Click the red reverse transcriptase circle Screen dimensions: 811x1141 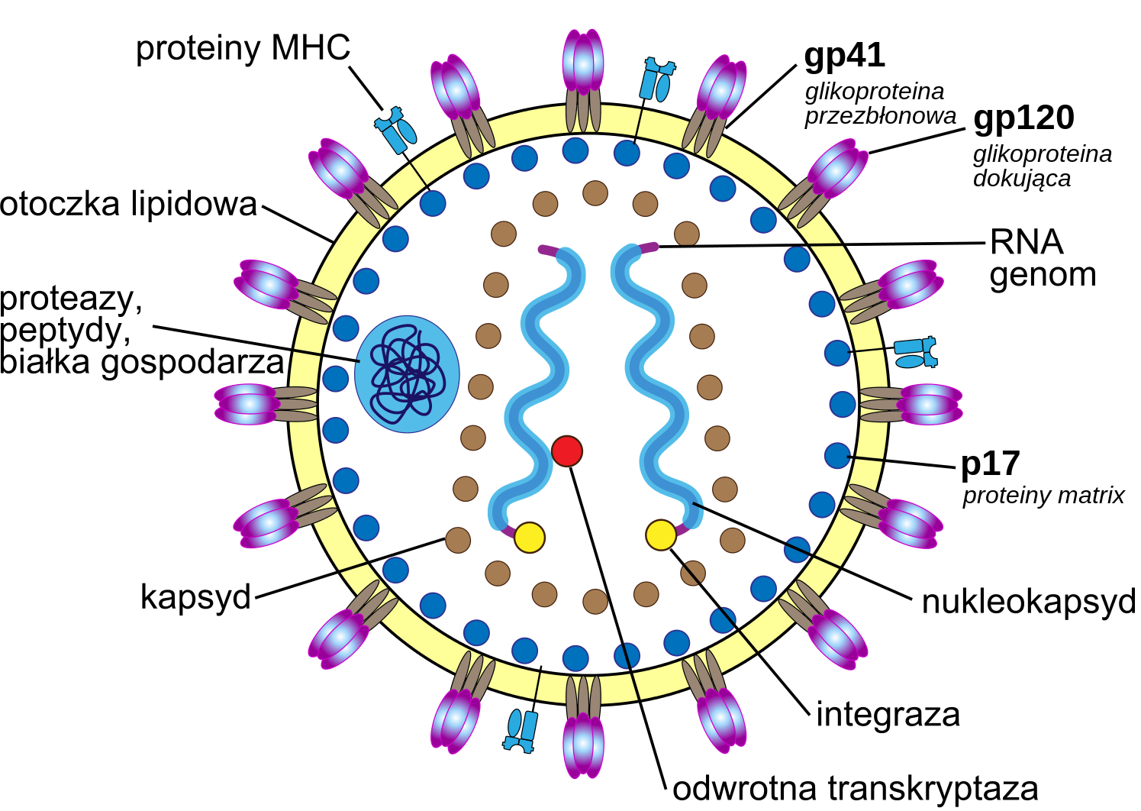click(567, 451)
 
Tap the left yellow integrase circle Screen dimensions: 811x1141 click(530, 537)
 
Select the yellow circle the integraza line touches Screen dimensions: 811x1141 click(661, 535)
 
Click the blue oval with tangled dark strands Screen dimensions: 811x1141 click(407, 374)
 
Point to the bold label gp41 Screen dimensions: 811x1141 click(844, 56)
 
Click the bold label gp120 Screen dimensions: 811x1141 click(1023, 118)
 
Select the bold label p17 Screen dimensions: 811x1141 click(990, 464)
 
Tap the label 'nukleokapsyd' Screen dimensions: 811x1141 click(1028, 602)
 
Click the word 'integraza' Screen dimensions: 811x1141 click(888, 715)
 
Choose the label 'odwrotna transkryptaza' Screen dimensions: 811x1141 click(855, 789)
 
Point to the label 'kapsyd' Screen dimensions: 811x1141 click(196, 596)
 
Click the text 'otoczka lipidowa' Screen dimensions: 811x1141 click(129, 205)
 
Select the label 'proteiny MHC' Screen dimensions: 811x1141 click(243, 48)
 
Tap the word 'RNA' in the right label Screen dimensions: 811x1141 click(1027, 243)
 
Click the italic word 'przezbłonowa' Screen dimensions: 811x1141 click(880, 116)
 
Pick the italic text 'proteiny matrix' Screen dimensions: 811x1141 click(1043, 496)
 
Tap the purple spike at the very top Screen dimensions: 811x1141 click(583, 64)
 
